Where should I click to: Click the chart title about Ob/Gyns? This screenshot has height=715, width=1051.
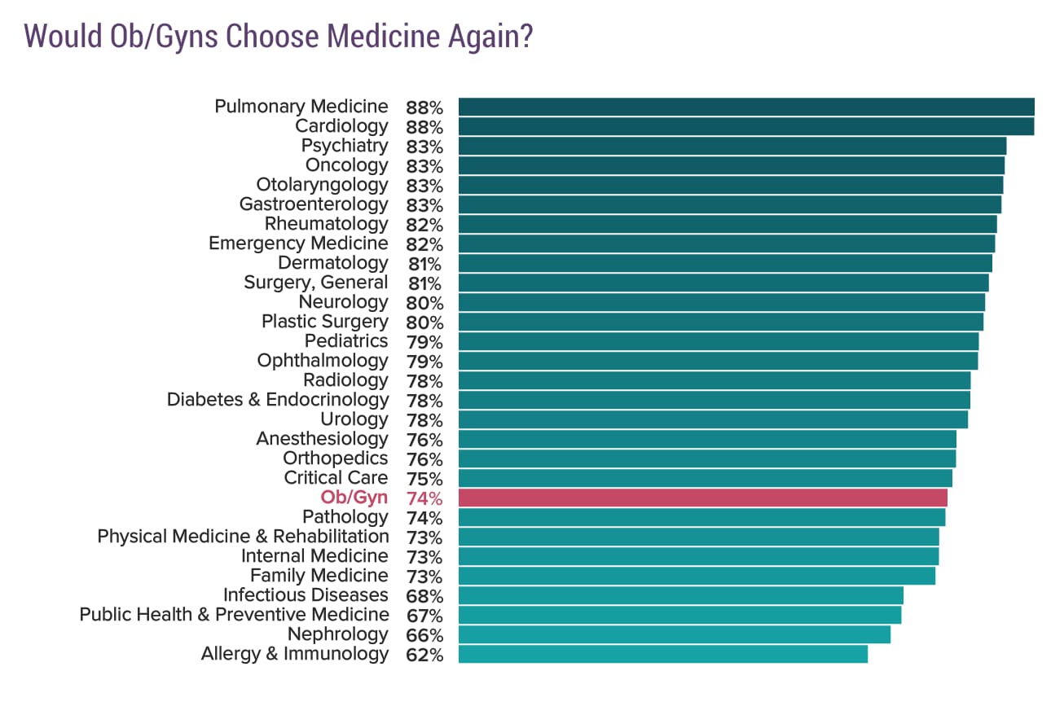coord(278,37)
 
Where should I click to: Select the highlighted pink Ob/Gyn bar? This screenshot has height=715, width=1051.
coord(702,498)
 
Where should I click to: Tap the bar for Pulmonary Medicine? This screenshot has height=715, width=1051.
coord(745,107)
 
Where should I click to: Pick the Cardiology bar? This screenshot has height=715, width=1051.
coord(745,126)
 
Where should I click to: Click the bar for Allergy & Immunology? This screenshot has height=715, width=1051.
coord(662,654)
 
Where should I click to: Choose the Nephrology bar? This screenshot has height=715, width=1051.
coord(674,634)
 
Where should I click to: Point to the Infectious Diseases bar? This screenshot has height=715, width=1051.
coord(680,595)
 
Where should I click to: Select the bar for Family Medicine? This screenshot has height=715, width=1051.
coord(697,576)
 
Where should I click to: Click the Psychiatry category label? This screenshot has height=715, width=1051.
coord(345,146)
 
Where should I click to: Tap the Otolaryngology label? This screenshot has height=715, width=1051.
coord(322,185)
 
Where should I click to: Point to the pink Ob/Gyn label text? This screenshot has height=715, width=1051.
coord(354,498)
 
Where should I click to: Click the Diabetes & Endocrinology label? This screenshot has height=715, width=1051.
coord(278,400)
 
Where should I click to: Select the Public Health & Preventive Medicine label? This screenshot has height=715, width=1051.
coord(234,615)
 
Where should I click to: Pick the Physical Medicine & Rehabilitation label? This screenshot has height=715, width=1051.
coord(243,537)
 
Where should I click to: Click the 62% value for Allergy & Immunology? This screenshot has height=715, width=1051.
coord(424,655)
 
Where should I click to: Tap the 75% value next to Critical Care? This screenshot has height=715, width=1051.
coord(424,479)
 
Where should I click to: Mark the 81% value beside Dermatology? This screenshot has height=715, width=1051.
coord(424,264)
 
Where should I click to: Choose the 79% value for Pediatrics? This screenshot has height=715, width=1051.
coord(424,342)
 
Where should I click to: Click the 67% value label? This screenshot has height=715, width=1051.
coord(424,616)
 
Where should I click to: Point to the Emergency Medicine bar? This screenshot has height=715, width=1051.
coord(726,243)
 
